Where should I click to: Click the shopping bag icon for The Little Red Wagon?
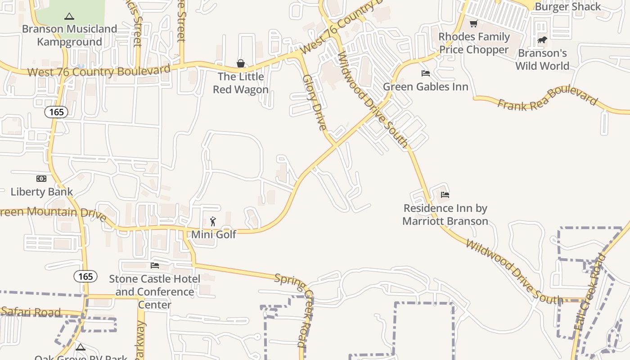pos(241,63)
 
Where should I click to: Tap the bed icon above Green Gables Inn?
pos(426,73)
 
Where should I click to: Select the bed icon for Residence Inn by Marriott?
pos(445,195)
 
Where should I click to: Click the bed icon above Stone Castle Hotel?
pos(155,265)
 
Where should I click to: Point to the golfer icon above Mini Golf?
pos(213,221)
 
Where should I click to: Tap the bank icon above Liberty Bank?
pos(41,179)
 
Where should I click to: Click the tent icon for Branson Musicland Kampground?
pos(69,17)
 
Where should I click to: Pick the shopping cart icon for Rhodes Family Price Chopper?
pos(473,24)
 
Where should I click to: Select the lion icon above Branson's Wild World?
pos(542,40)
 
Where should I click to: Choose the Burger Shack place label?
pos(567,7)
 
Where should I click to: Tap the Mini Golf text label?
pos(214,234)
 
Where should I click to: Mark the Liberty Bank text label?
pos(42,192)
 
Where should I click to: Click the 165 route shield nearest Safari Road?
pos(85,276)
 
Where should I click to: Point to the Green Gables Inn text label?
pos(426,86)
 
